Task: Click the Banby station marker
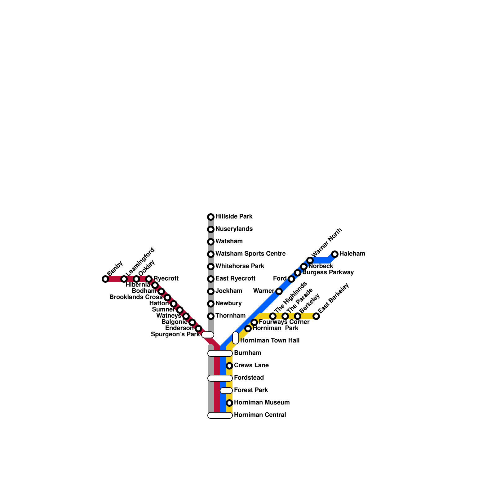coord(105,279)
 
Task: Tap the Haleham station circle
coord(335,254)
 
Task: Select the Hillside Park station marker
coord(211,217)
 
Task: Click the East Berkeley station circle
coord(316,316)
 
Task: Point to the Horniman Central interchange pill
coord(220,415)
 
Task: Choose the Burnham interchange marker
coord(220,353)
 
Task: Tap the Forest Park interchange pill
coord(226,391)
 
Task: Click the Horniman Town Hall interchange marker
coord(236,338)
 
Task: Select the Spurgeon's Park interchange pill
coord(208,335)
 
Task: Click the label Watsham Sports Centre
coord(250,254)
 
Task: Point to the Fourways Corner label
coord(284,322)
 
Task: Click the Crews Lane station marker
coord(229,366)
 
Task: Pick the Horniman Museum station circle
coord(229,403)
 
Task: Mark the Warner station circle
coord(279,291)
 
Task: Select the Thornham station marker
coord(211,316)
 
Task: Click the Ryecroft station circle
coord(149,279)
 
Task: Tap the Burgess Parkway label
coord(328,272)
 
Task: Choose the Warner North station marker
coord(310,260)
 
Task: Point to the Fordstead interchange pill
coord(220,378)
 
